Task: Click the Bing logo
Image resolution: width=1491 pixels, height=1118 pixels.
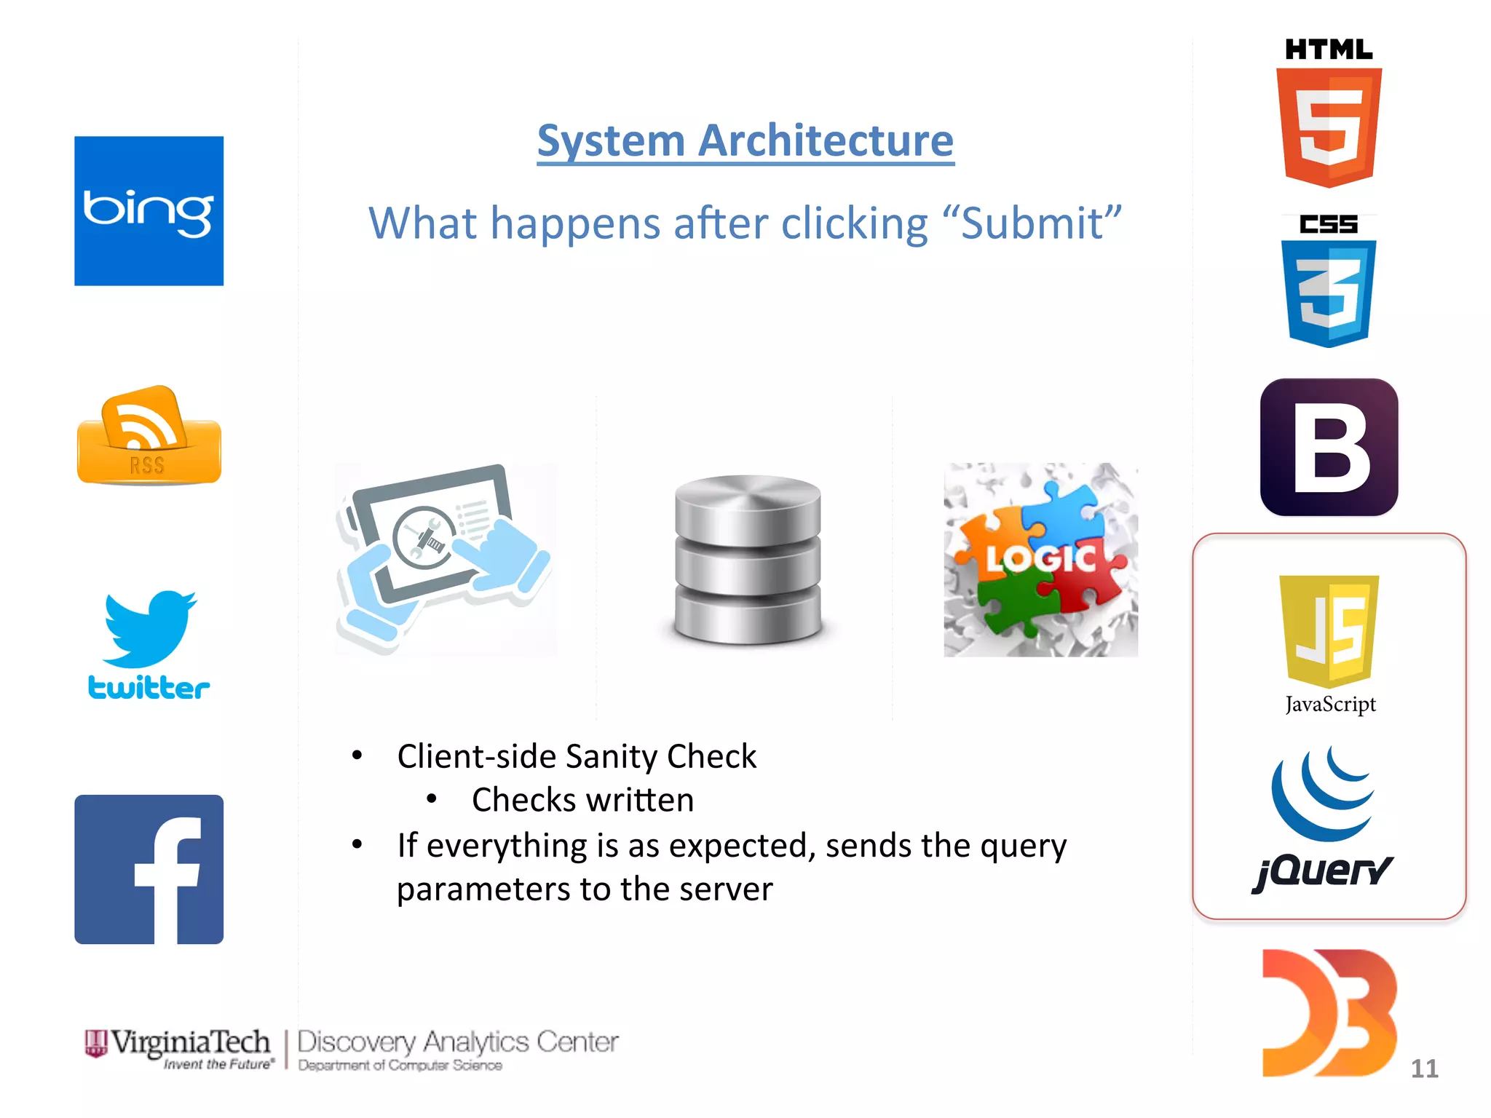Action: pos(149,211)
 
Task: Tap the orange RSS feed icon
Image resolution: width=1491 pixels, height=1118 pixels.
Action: pos(149,437)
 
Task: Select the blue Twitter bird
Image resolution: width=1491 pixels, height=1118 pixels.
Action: pos(150,627)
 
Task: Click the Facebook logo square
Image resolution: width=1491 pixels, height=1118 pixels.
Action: pos(149,869)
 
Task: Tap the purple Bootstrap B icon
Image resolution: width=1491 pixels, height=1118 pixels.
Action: pos(1329,447)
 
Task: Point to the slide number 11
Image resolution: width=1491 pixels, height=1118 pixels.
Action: pos(1424,1069)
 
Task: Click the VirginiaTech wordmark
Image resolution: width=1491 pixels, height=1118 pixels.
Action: pos(189,1042)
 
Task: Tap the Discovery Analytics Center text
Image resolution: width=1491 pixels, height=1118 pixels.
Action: pos(457,1042)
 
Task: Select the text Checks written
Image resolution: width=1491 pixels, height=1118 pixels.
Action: pos(582,800)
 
